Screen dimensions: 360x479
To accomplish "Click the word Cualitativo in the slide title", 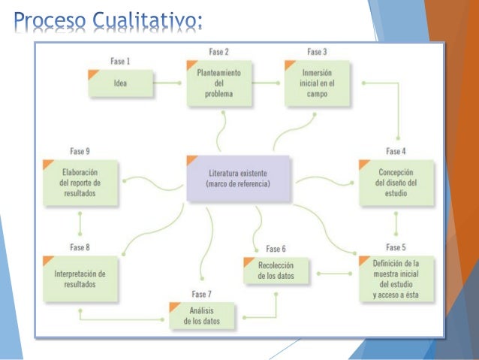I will point(147,18).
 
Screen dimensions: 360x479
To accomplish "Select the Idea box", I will point(120,83).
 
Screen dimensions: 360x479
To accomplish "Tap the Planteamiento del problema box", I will point(218,83).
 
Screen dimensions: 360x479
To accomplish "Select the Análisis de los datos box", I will point(202,316).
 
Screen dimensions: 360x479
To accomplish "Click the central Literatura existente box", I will point(237,178).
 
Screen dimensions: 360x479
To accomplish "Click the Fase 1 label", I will point(119,61).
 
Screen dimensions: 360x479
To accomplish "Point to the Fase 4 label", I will point(397,151).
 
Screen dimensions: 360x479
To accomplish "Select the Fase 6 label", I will point(275,249).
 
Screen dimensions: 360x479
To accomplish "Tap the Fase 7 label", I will point(201,293).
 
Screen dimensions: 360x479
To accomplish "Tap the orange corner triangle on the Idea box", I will point(94,74).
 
